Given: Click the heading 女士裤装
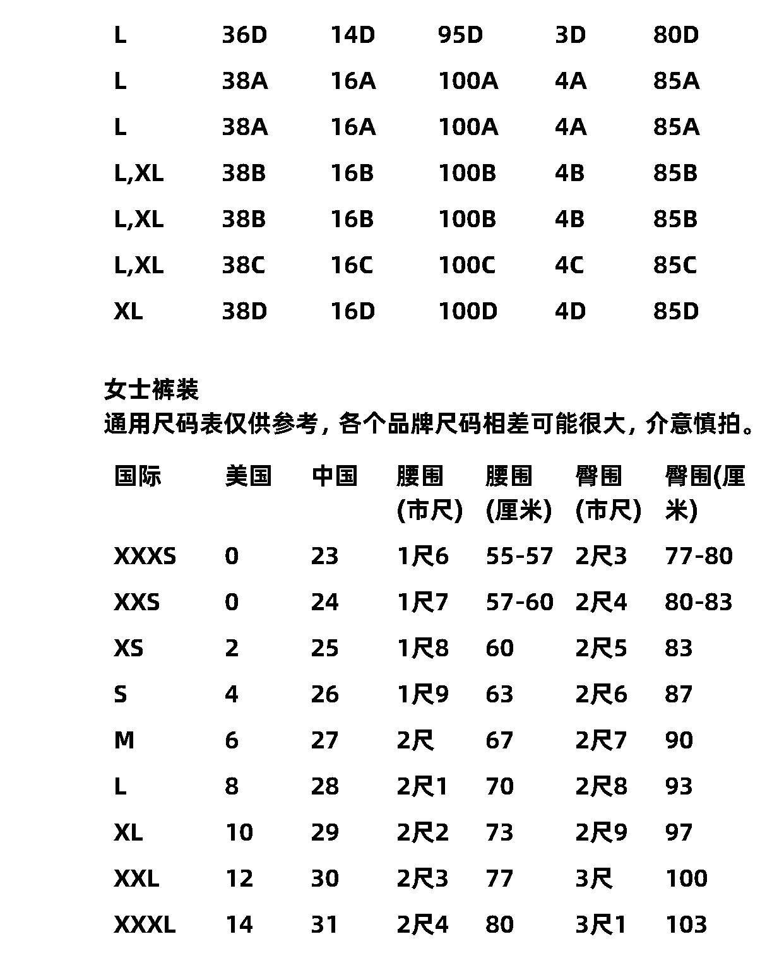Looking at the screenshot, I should pyautogui.click(x=151, y=389).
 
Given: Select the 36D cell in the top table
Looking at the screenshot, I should pyautogui.click(x=244, y=35).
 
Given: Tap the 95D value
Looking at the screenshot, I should pyautogui.click(x=460, y=35).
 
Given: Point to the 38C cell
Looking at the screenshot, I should pyautogui.click(x=244, y=265).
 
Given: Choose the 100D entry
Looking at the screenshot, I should pyautogui.click(x=468, y=311).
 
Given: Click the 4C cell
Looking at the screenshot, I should pyautogui.click(x=569, y=265).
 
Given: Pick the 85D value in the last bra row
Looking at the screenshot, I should pyautogui.click(x=675, y=311).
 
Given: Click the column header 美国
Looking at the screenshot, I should pyautogui.click(x=248, y=476).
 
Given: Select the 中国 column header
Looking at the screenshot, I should pyautogui.click(x=334, y=476).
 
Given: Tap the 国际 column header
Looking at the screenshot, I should pyautogui.click(x=138, y=476).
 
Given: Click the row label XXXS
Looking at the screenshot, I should pyautogui.click(x=145, y=556).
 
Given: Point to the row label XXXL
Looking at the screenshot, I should pyautogui.click(x=145, y=925).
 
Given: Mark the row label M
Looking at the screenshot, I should pyautogui.click(x=124, y=740).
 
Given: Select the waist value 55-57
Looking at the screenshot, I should pyautogui.click(x=519, y=556).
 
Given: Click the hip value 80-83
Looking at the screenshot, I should pyautogui.click(x=698, y=602).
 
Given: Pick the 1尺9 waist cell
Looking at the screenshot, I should pyautogui.click(x=422, y=694).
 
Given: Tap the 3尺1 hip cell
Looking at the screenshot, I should pyautogui.click(x=600, y=925).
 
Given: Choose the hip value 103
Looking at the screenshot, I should pyautogui.click(x=686, y=925).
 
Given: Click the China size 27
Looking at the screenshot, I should pyautogui.click(x=324, y=740).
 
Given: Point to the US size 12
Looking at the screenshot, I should pyautogui.click(x=239, y=878).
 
